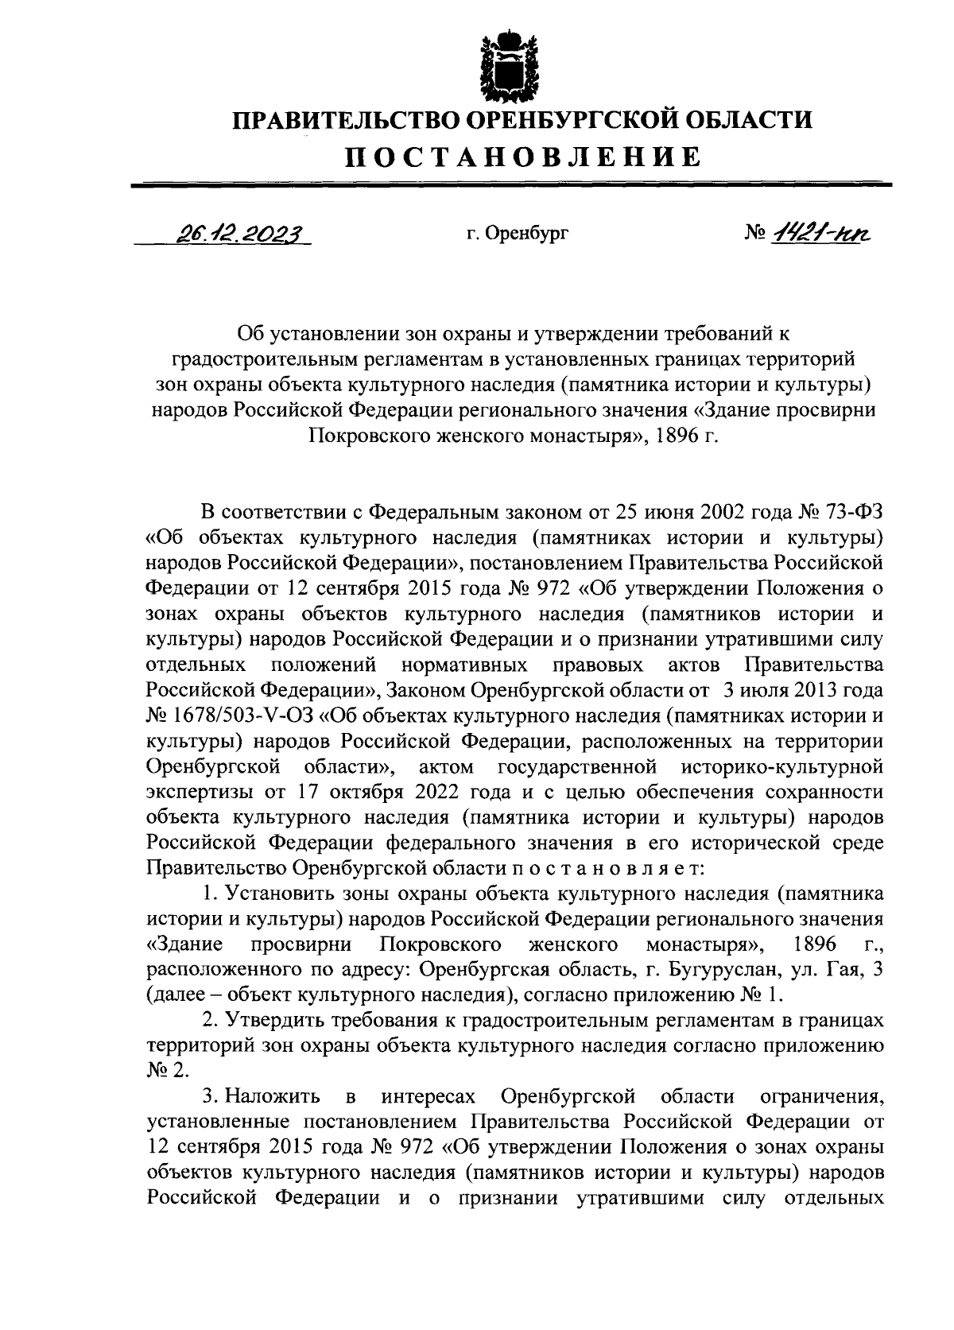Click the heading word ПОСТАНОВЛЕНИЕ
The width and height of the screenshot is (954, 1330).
(x=522, y=157)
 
